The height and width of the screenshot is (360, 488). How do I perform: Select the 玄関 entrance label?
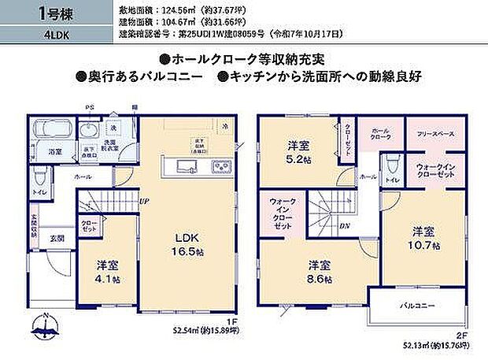[58, 238]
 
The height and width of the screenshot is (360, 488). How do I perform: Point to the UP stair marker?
[145, 202]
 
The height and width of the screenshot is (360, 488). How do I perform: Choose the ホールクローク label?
[380, 134]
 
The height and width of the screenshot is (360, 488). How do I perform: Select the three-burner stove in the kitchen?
[219, 165]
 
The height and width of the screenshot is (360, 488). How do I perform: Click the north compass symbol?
[45, 324]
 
